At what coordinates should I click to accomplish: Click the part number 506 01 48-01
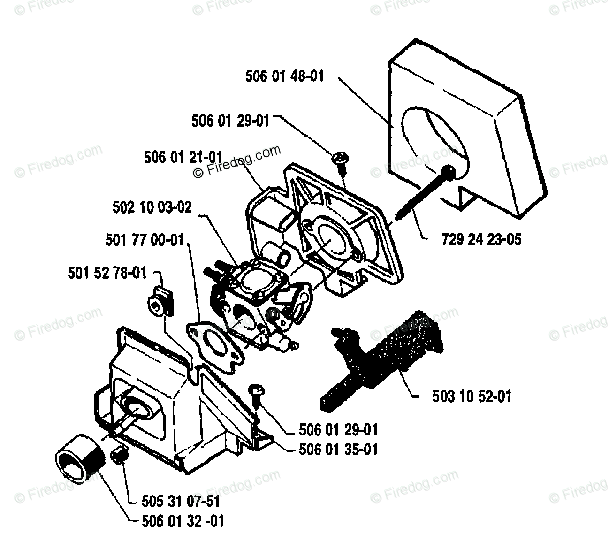[x=284, y=76]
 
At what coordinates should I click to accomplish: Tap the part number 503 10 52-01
[x=471, y=396]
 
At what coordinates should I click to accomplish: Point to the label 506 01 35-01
[x=338, y=449]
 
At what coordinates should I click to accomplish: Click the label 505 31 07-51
[x=181, y=501]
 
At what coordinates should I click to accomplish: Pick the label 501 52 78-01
[x=107, y=273]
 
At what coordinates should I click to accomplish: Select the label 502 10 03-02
[x=152, y=208]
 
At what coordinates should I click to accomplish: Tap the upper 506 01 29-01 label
[x=230, y=120]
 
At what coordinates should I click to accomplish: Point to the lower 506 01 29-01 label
[x=338, y=430]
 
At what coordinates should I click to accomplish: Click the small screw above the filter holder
[x=339, y=159]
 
